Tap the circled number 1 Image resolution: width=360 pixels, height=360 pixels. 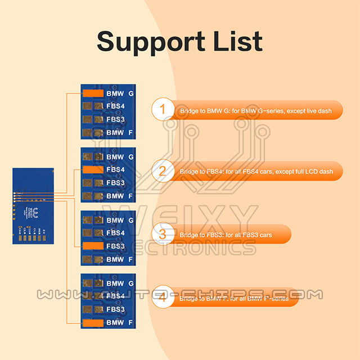coord(163,109)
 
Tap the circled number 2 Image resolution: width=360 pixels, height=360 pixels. coord(163,170)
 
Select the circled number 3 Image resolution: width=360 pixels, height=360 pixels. coord(163,233)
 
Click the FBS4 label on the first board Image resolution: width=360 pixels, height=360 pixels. coord(115,106)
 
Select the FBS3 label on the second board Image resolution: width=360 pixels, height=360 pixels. coord(115,183)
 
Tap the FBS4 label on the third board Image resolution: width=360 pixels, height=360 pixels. coord(115,233)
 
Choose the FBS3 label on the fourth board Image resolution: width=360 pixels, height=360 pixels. coord(115,309)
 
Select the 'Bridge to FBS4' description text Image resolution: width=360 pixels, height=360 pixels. coord(256,171)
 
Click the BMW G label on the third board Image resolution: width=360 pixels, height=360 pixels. coord(120,220)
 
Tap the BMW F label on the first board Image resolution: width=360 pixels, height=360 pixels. coord(120,133)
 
